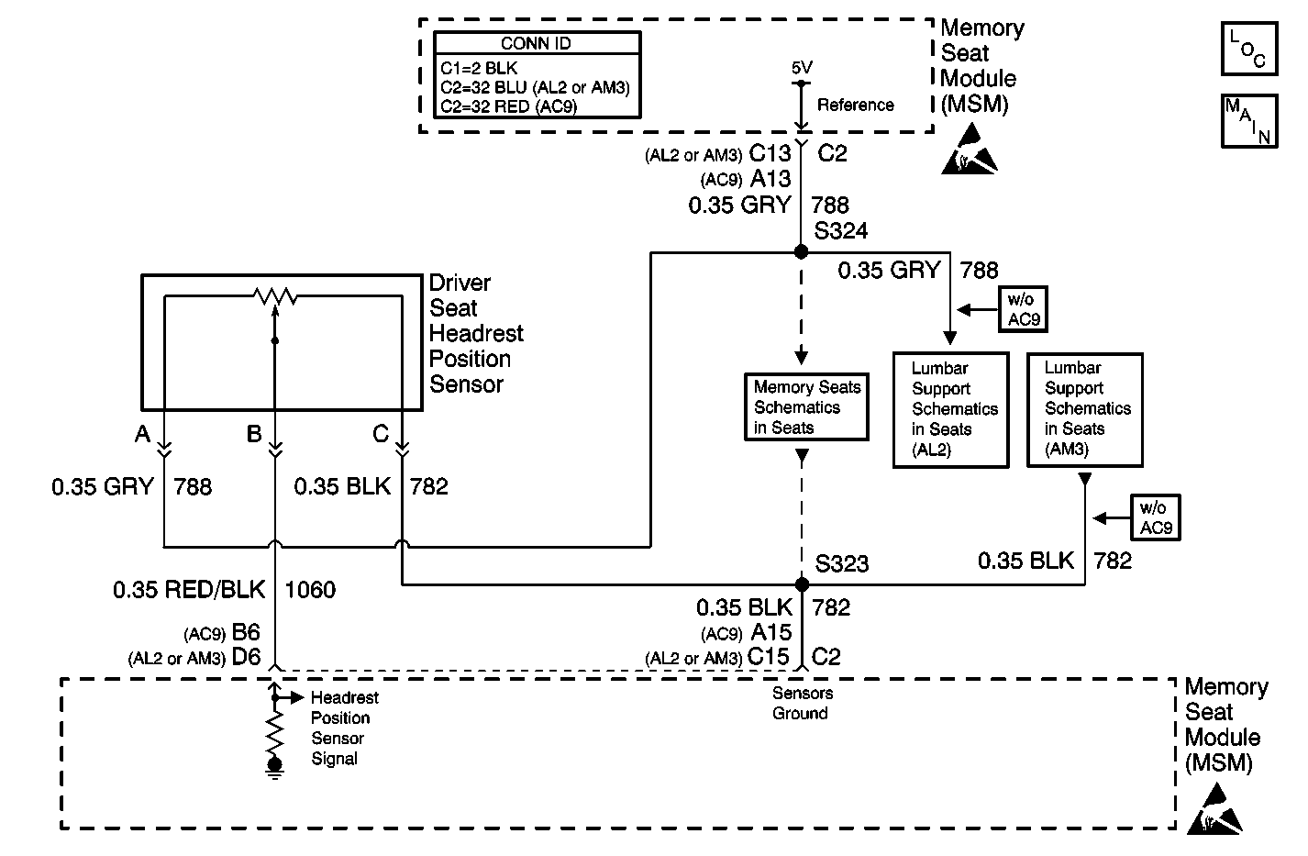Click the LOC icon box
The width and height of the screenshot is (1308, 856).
click(x=1249, y=49)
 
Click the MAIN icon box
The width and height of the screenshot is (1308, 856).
click(x=1249, y=121)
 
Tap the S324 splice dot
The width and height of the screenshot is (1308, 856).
click(x=801, y=251)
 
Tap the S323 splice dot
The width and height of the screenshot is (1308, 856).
click(x=802, y=584)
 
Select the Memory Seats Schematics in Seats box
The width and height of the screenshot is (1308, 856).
click(x=806, y=406)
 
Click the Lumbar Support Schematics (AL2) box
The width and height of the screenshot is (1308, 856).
click(x=950, y=409)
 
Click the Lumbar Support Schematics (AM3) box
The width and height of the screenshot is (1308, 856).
click(x=1084, y=409)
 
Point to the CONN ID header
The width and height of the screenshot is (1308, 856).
click(x=536, y=43)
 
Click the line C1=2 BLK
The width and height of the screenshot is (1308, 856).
click(x=479, y=68)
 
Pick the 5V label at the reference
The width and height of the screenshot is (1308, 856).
click(x=802, y=68)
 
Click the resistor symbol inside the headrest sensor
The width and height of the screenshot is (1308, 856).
click(x=275, y=296)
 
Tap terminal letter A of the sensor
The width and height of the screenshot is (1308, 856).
click(x=142, y=434)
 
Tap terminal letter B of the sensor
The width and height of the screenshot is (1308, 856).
click(x=254, y=434)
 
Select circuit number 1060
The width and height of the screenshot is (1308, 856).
click(x=310, y=590)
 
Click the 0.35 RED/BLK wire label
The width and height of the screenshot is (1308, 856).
click(x=189, y=590)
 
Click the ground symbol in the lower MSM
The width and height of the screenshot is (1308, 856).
click(x=274, y=769)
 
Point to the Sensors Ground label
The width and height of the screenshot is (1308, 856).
click(x=803, y=703)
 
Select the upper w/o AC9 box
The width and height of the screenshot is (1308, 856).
click(x=1023, y=309)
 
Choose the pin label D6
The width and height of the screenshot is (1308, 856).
click(x=246, y=657)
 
